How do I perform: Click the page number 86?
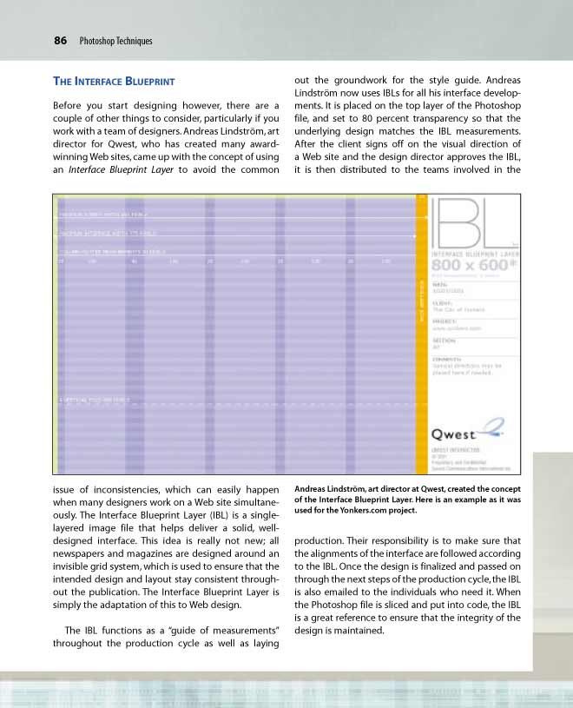coord(61,40)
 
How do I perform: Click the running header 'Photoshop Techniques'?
coord(115,41)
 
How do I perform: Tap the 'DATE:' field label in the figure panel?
coord(439,283)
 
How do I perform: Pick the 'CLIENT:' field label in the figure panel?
coord(442,303)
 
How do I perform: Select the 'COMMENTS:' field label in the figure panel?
coord(447,359)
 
